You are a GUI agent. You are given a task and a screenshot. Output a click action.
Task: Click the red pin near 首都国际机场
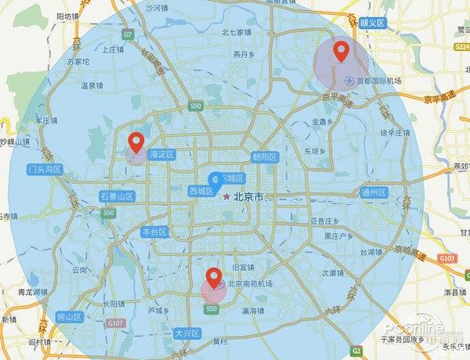click(341, 52)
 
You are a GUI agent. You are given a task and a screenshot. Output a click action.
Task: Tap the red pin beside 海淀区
click(136, 142)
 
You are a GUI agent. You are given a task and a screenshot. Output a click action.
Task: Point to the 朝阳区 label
click(266, 157)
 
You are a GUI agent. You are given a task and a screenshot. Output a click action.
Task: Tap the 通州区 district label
click(374, 193)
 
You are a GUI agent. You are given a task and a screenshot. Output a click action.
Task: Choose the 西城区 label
click(201, 190)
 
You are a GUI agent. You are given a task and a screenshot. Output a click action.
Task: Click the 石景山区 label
click(117, 196)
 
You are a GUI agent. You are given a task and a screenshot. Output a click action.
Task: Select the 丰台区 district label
click(154, 232)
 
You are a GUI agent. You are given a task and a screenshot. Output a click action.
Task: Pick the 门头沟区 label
click(44, 169)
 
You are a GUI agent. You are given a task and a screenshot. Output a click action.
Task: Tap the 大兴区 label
click(187, 333)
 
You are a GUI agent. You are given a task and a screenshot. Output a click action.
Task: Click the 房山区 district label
click(69, 317)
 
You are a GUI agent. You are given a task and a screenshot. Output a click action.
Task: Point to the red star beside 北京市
click(227, 196)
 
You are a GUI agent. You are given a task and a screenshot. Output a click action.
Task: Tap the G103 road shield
click(447, 257)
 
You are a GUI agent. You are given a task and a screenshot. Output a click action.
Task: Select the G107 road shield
click(116, 322)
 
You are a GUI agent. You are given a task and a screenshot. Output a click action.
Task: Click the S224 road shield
click(459, 48)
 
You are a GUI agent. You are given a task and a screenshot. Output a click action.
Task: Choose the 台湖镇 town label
click(372, 252)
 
